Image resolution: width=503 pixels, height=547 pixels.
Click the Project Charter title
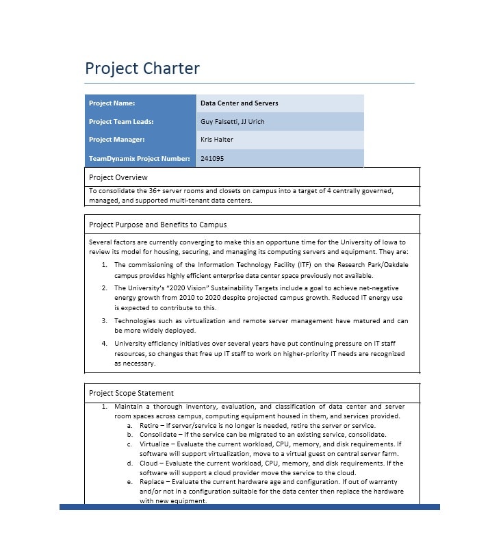(x=142, y=68)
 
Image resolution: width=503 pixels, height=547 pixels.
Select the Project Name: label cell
(x=112, y=103)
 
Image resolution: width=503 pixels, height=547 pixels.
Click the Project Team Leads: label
(x=121, y=122)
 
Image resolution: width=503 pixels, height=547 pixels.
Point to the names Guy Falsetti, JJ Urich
(x=232, y=122)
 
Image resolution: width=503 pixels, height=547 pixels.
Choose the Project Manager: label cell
(x=117, y=140)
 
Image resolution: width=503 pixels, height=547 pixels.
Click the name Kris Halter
(x=217, y=140)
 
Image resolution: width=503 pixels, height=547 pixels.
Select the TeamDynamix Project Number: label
(x=140, y=158)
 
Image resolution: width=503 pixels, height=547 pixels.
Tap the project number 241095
(x=212, y=158)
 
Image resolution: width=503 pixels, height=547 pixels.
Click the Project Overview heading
(x=118, y=177)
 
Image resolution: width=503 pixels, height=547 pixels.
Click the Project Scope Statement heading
(x=131, y=393)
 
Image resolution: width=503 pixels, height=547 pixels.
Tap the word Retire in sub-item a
(x=150, y=425)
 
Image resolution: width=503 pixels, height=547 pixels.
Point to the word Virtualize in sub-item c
(x=156, y=444)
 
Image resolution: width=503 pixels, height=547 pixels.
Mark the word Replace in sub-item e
(x=153, y=482)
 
